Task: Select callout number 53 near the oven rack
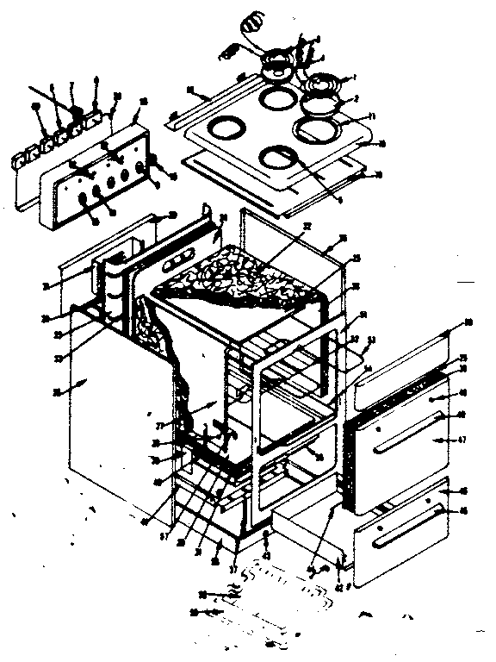click(373, 340)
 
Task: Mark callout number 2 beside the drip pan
click(350, 100)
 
